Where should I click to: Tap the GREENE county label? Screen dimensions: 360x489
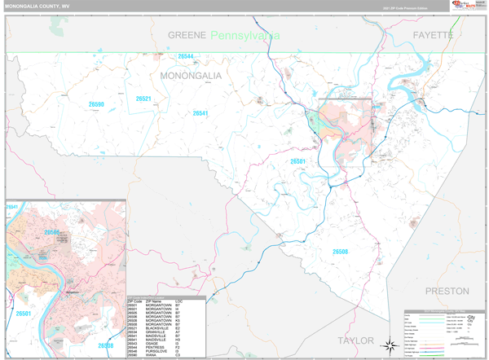click(187, 35)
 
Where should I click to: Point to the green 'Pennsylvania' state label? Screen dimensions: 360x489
click(244, 35)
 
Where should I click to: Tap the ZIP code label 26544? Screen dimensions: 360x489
click(186, 56)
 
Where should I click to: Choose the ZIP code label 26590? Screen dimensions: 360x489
click(96, 105)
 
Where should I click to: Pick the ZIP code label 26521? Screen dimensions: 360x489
click(143, 99)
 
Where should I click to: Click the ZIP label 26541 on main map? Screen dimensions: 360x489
click(200, 113)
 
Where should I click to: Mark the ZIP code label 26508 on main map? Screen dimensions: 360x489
click(340, 252)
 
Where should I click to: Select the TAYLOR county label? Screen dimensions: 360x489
click(355, 340)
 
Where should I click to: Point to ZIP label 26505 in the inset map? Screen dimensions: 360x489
click(52, 232)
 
